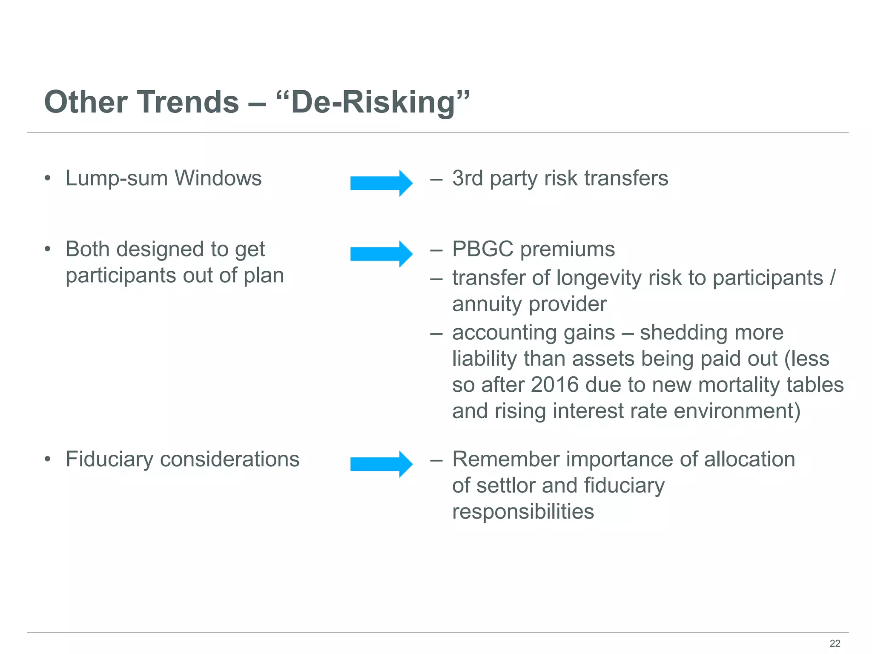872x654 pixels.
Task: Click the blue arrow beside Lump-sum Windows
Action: click(381, 183)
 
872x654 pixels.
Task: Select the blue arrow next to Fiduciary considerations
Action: click(381, 464)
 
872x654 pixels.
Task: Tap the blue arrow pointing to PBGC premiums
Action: click(381, 254)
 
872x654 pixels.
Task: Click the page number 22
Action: click(835, 643)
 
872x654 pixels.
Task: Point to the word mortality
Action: click(739, 384)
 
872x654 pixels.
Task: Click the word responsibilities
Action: click(523, 511)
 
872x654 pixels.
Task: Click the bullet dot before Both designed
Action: click(48, 249)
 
